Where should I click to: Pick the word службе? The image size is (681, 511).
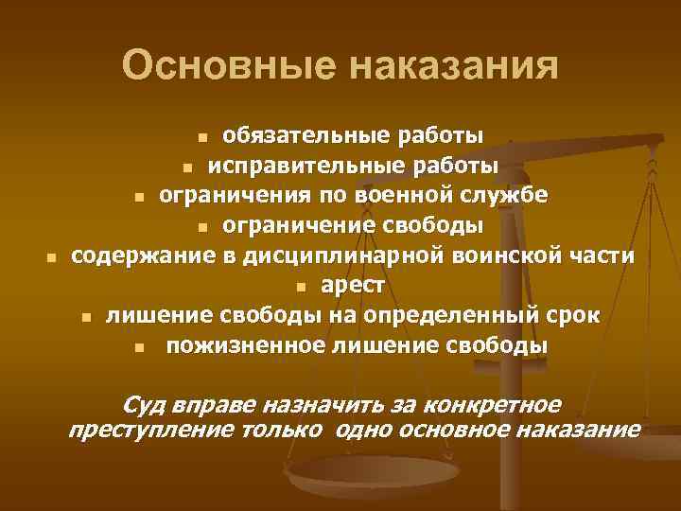point(508,196)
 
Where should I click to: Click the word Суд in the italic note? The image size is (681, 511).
point(144,405)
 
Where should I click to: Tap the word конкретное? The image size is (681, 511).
point(493,405)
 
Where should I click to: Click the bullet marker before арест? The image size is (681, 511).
point(299,288)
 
